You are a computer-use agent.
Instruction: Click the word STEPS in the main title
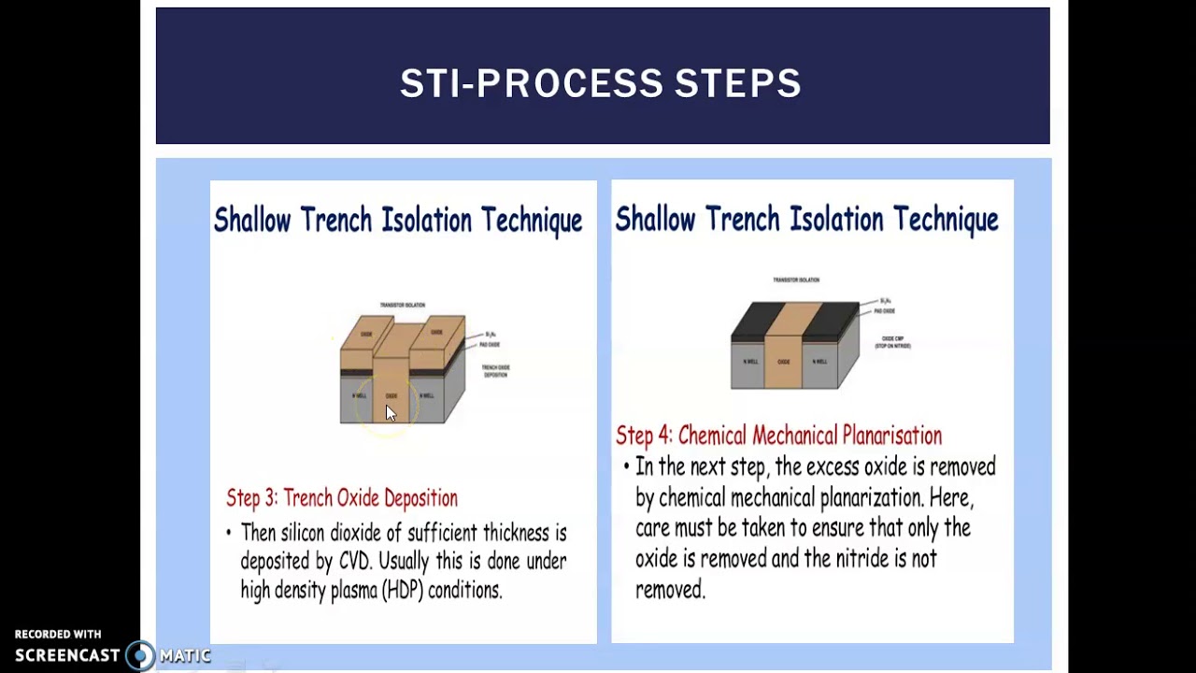pyautogui.click(x=737, y=83)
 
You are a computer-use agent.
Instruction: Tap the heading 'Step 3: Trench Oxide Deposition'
pyautogui.click(x=342, y=498)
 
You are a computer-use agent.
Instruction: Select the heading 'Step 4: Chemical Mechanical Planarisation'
pyautogui.click(x=778, y=436)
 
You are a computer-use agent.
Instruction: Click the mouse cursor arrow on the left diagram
pyautogui.click(x=390, y=413)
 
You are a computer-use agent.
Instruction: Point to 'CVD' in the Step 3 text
pyautogui.click(x=354, y=562)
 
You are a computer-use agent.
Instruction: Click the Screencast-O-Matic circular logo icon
pyautogui.click(x=140, y=655)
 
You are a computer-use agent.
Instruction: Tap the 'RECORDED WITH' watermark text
pyautogui.click(x=58, y=635)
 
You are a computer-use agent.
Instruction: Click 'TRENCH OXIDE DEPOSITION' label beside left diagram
pyautogui.click(x=495, y=371)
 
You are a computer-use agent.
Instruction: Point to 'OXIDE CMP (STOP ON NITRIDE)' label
pyautogui.click(x=892, y=342)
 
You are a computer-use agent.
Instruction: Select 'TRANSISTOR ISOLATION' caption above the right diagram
pyautogui.click(x=796, y=279)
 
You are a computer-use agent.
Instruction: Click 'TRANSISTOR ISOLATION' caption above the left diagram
pyautogui.click(x=402, y=305)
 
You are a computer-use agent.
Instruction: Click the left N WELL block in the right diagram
pyautogui.click(x=749, y=363)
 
